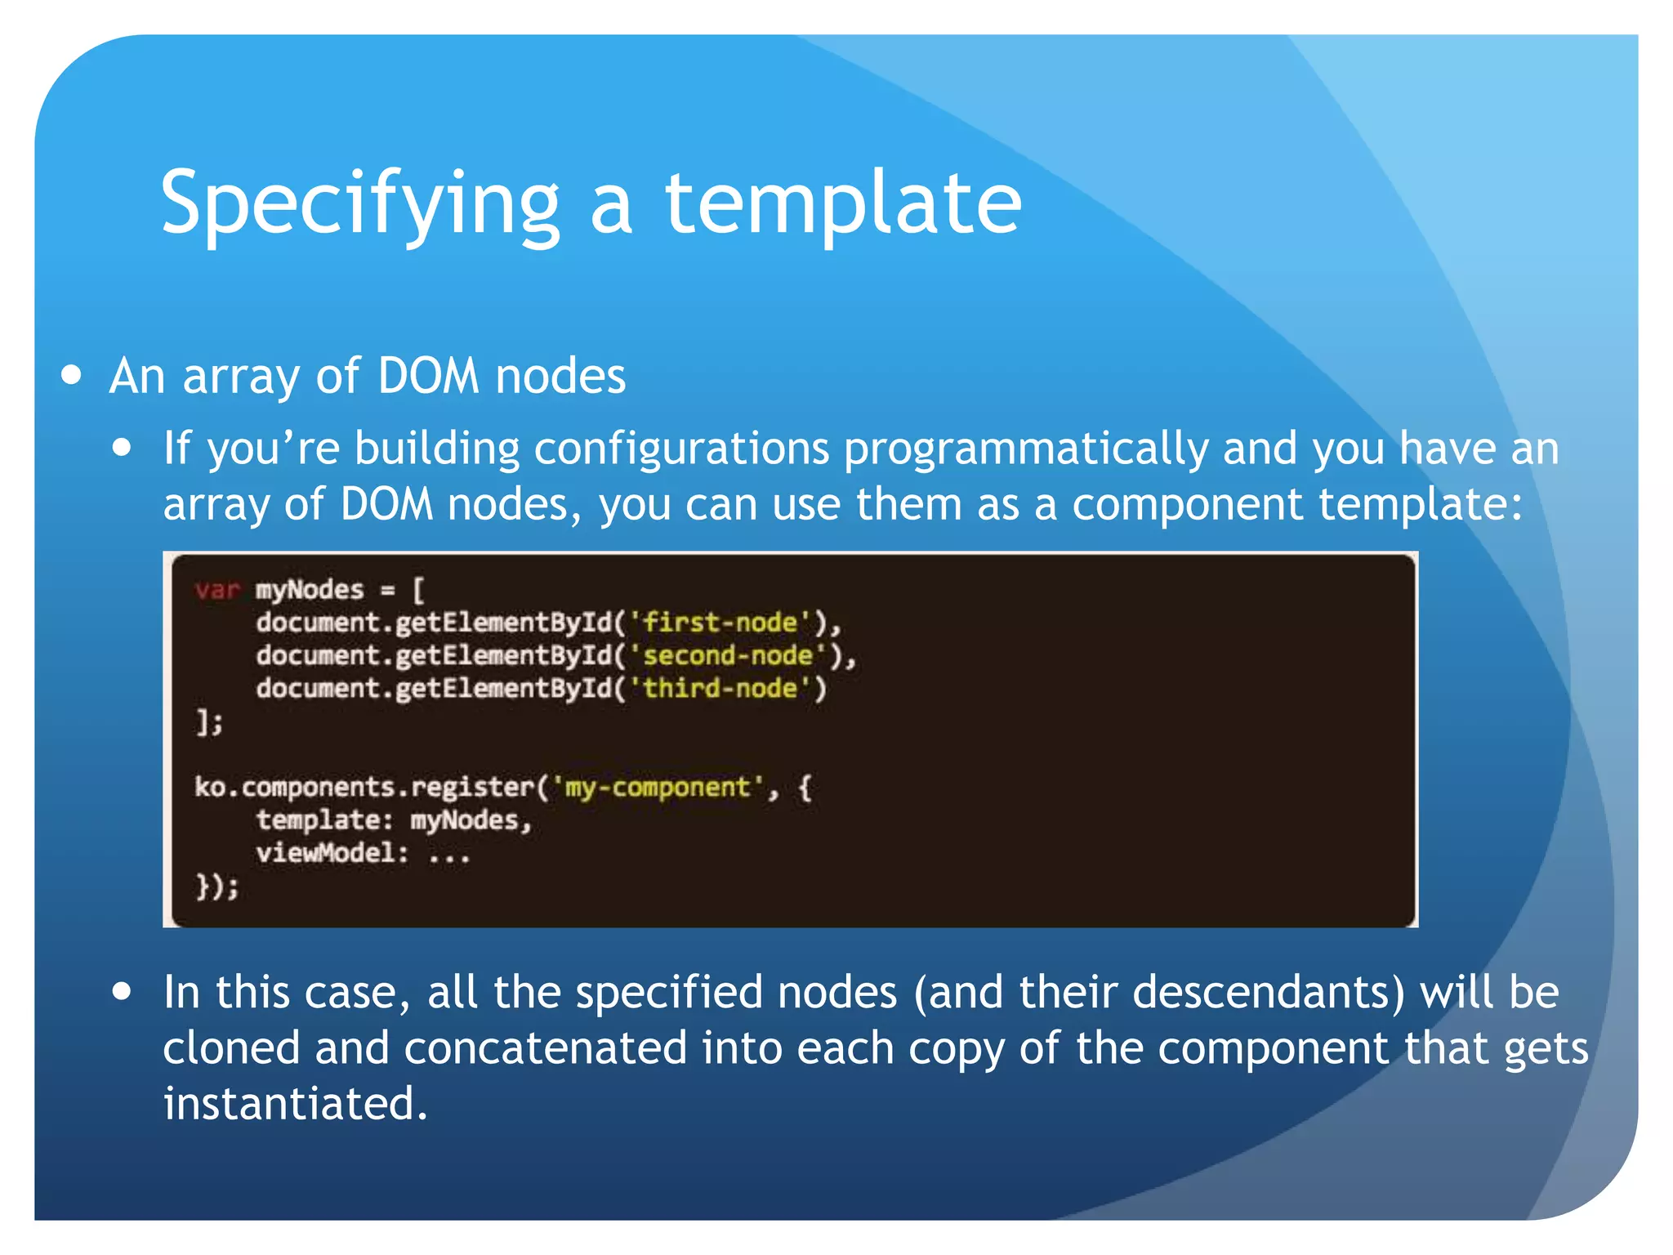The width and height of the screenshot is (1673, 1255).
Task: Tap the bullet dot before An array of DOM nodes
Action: pyautogui.click(x=72, y=375)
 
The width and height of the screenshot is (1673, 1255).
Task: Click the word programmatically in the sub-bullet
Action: pyautogui.click(x=1025, y=449)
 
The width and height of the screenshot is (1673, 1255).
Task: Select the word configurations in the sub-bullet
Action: pyautogui.click(x=680, y=449)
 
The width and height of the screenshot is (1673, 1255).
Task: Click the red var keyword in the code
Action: pyautogui.click(x=217, y=589)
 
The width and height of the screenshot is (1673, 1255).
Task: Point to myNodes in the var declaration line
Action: pyautogui.click(x=309, y=589)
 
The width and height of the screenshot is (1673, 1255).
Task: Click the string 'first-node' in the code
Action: pyautogui.click(x=720, y=623)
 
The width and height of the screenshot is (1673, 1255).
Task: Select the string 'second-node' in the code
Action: pyautogui.click(x=727, y=655)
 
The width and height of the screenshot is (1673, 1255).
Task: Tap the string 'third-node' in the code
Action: pyautogui.click(x=720, y=688)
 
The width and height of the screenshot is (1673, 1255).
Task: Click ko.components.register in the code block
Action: pyautogui.click(x=364, y=787)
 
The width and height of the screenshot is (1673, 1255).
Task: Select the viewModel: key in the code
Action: pyautogui.click(x=332, y=853)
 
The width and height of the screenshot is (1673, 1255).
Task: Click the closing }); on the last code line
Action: pyautogui.click(x=216, y=886)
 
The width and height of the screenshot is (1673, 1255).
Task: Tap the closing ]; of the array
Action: pyautogui.click(x=209, y=721)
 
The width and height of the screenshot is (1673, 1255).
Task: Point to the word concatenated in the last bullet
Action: pyautogui.click(x=545, y=1048)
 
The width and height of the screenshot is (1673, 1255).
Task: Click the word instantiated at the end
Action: pyautogui.click(x=294, y=1104)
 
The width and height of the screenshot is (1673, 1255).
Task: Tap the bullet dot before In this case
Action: pyautogui.click(x=123, y=992)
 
